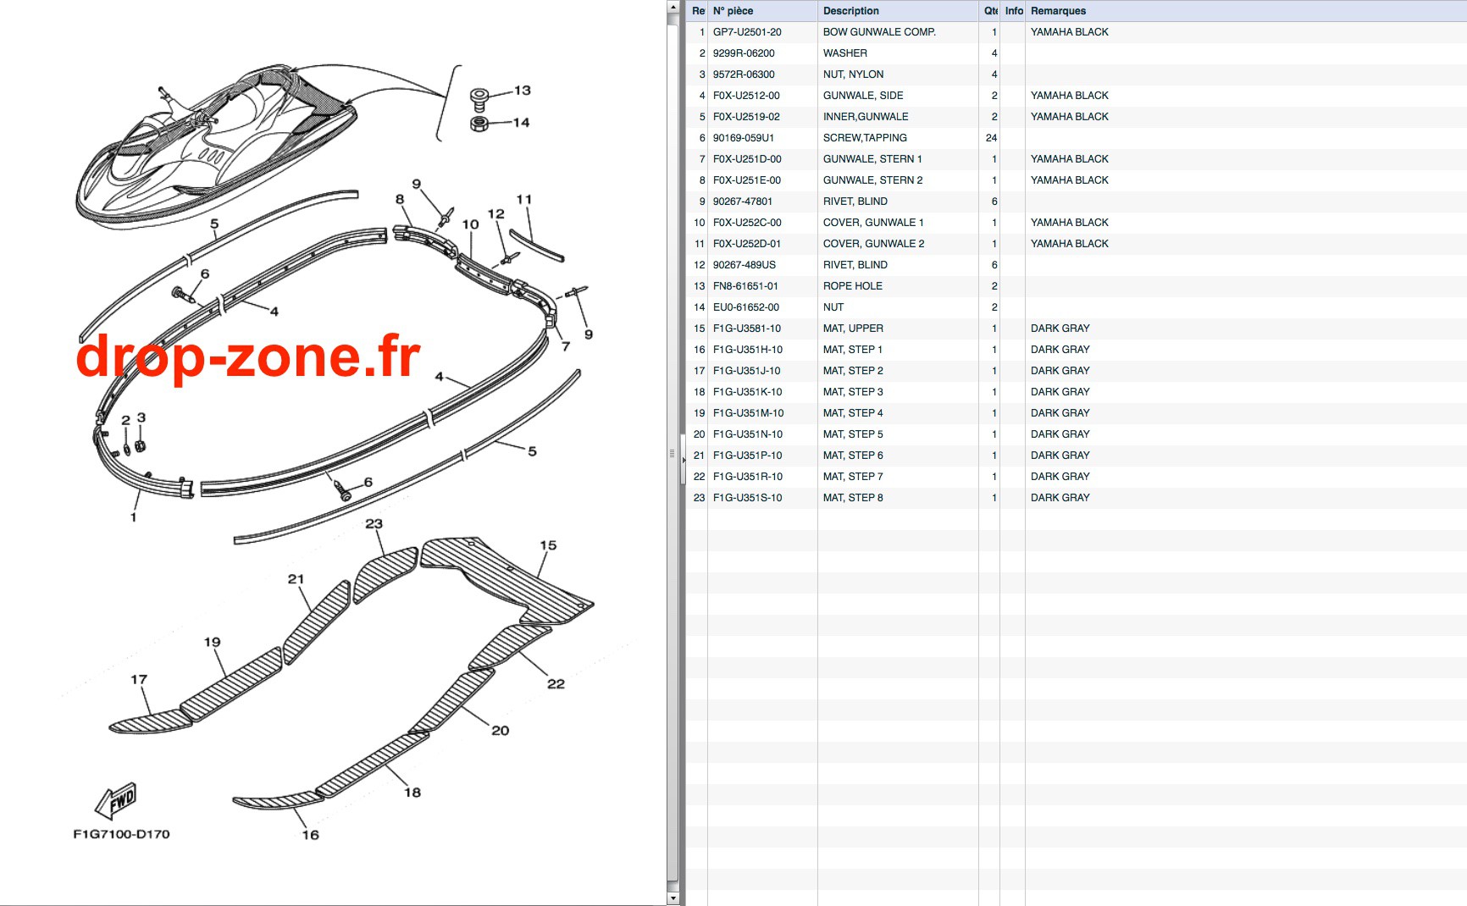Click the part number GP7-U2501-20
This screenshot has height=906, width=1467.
click(747, 32)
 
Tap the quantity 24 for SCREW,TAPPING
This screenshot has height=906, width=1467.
click(991, 138)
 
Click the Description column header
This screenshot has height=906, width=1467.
click(851, 11)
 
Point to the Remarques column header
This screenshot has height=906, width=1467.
click(1058, 11)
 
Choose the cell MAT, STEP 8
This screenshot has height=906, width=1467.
click(853, 498)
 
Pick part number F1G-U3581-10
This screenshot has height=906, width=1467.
click(747, 329)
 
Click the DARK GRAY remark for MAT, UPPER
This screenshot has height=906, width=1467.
click(1060, 329)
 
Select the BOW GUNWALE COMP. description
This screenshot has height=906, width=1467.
click(879, 32)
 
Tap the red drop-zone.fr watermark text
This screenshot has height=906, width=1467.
click(248, 356)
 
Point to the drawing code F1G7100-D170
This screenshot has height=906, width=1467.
click(121, 834)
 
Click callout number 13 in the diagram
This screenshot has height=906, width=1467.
click(522, 90)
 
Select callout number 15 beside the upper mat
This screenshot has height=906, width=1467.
click(548, 545)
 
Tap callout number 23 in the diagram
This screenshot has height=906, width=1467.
click(374, 524)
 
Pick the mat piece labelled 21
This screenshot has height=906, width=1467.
click(317, 621)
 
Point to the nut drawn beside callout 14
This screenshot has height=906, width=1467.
click(479, 124)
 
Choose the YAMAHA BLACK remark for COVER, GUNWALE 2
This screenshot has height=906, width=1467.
click(1069, 244)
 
